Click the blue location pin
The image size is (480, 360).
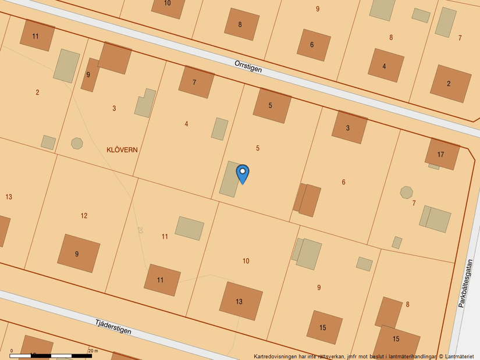click(243, 173)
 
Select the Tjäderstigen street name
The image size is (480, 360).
click(113, 326)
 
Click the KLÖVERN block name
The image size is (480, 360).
click(122, 149)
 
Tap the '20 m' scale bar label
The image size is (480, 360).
click(93, 351)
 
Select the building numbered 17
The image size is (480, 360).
click(442, 154)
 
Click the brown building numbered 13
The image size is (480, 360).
click(241, 301)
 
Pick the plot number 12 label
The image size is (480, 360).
click(84, 216)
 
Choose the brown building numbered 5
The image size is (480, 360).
click(272, 105)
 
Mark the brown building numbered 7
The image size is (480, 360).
click(196, 82)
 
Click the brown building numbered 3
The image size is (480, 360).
click(349, 127)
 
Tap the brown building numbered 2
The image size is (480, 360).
click(450, 83)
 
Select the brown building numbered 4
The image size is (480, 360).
click(385, 65)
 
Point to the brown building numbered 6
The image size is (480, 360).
click(314, 44)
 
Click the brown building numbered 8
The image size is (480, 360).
click(241, 24)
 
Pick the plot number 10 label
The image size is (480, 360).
click(246, 261)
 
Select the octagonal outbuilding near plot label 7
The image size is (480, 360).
click(406, 192)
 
